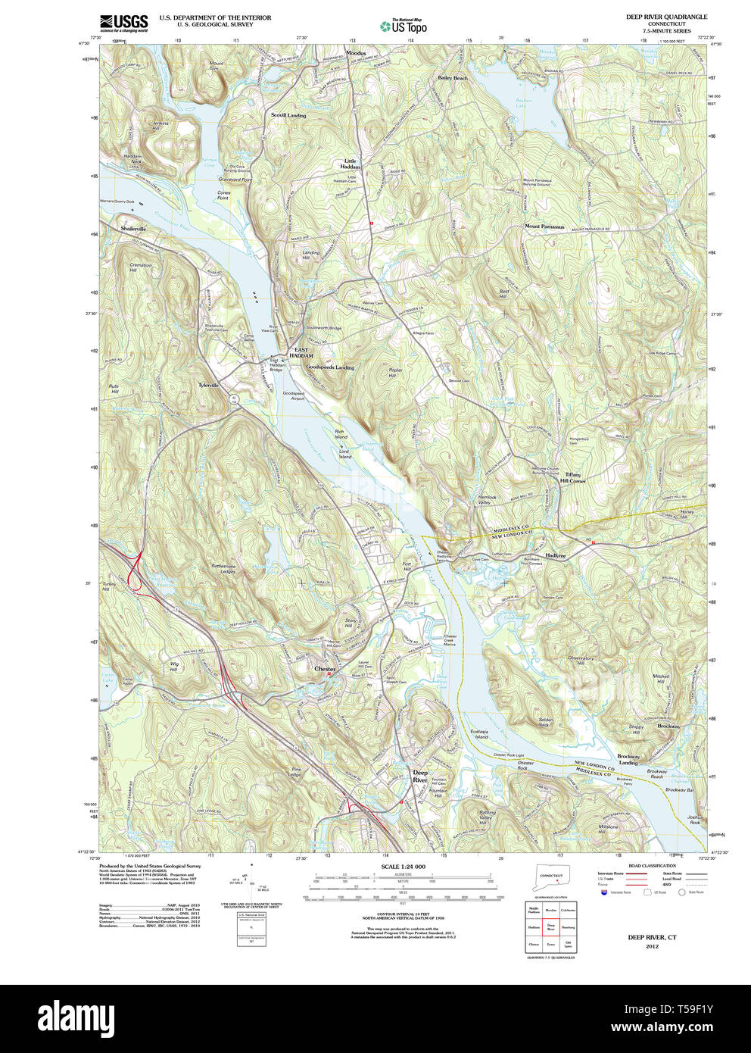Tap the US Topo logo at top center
[404, 26]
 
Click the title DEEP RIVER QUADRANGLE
[666, 17]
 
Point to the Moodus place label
[356, 53]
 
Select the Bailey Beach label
[453, 78]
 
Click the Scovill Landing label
[288, 115]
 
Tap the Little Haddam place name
[350, 164]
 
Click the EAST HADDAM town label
[304, 352]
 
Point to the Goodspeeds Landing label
[330, 367]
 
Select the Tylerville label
[208, 385]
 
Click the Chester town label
[325, 669]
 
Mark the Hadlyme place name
[555, 555]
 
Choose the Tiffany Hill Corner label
[572, 478]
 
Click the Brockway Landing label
[628, 759]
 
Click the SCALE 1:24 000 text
[403, 867]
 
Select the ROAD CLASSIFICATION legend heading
[652, 865]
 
